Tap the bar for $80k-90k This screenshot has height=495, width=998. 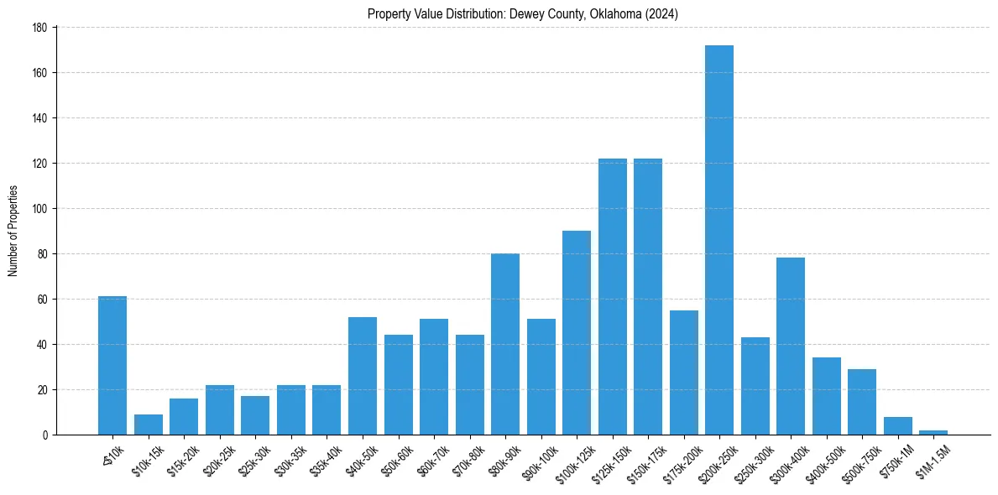[x=505, y=344]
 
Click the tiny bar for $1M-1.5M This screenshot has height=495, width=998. [x=933, y=432]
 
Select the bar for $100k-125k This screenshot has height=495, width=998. [x=577, y=332]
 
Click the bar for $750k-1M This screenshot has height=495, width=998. [x=897, y=425]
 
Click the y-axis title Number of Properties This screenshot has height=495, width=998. [x=13, y=231]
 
